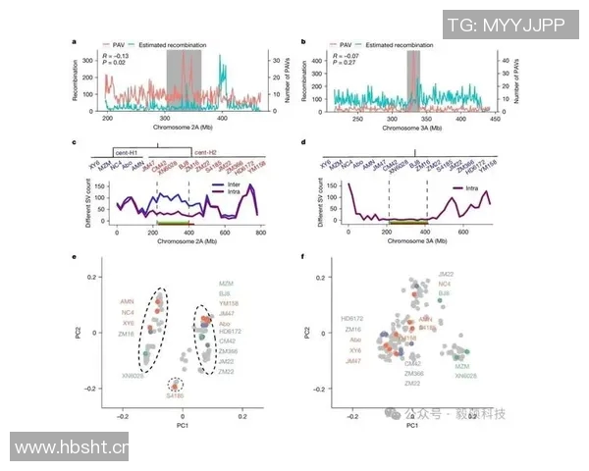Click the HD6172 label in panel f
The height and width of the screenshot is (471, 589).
pos(350,318)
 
